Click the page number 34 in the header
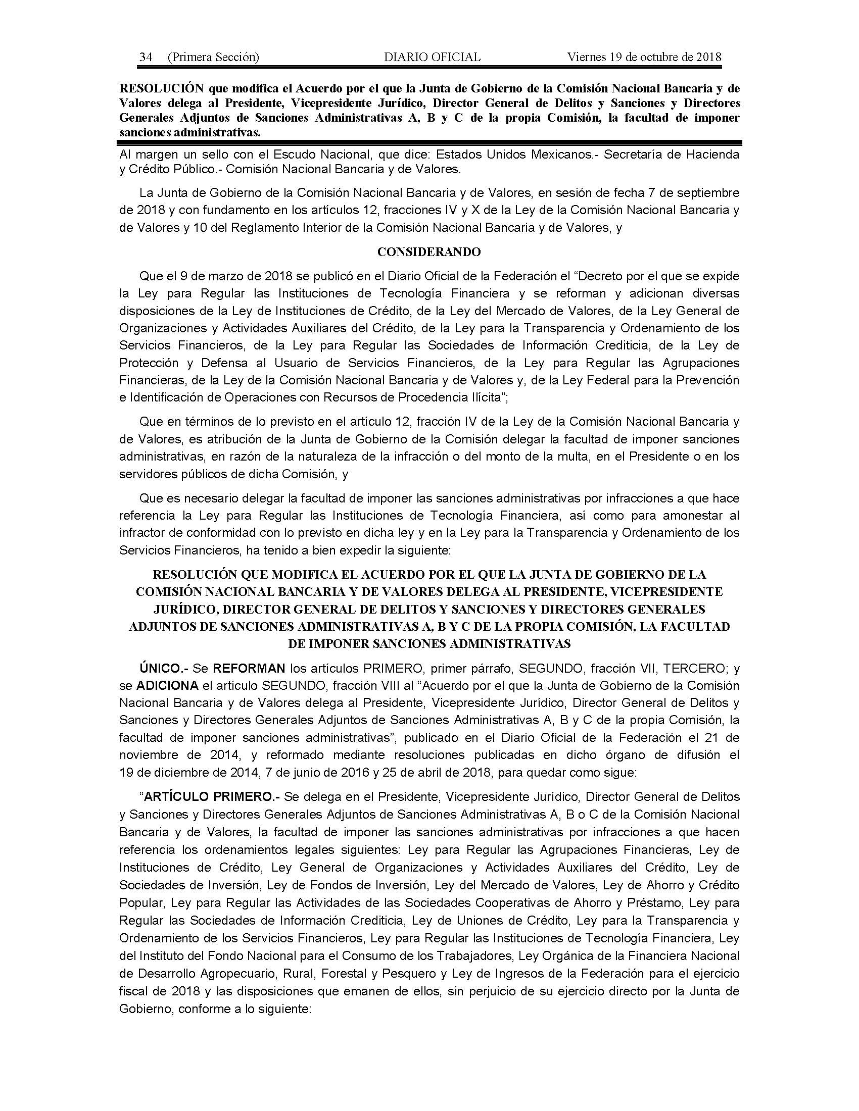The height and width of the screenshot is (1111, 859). (146, 57)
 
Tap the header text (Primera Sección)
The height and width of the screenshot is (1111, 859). (213, 57)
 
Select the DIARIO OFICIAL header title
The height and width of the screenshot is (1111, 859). (432, 57)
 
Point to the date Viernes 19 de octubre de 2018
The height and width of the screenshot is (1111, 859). (644, 57)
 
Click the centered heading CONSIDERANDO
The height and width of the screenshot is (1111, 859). (429, 252)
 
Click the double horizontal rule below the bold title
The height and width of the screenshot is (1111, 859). (429, 143)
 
